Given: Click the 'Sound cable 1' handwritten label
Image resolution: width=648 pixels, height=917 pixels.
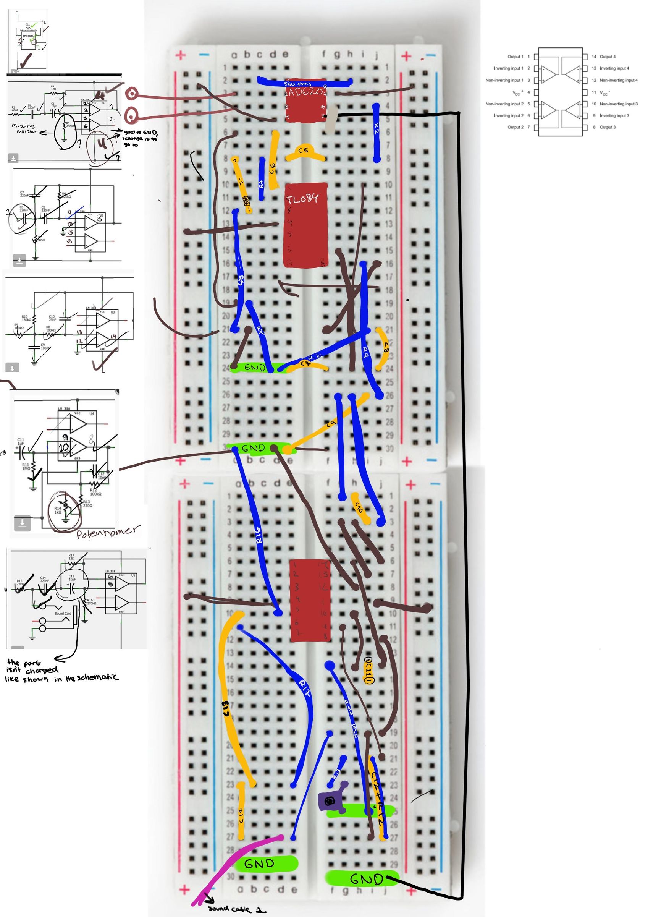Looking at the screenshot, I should coord(236,909).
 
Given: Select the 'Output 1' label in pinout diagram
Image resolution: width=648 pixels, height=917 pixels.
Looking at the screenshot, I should coord(515,57).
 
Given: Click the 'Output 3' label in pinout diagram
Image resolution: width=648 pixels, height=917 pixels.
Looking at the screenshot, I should coord(608,127).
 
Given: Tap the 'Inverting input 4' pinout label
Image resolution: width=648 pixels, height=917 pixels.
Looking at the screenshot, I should coord(614,68).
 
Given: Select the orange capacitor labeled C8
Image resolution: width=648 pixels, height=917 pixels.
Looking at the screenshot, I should coord(385,347).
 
